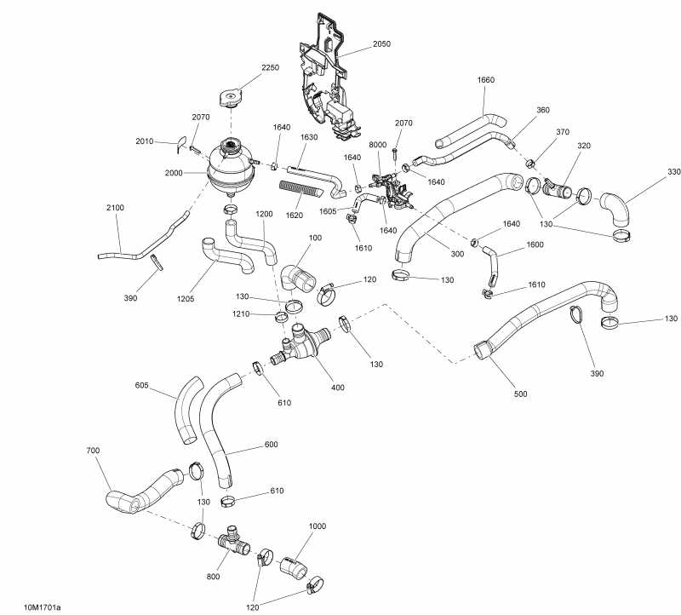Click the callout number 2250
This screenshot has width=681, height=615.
(x=270, y=67)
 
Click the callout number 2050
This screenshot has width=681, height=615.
(x=381, y=43)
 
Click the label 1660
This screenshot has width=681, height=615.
(x=485, y=80)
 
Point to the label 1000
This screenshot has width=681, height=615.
(x=317, y=526)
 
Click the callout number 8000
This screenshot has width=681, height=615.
(x=378, y=146)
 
